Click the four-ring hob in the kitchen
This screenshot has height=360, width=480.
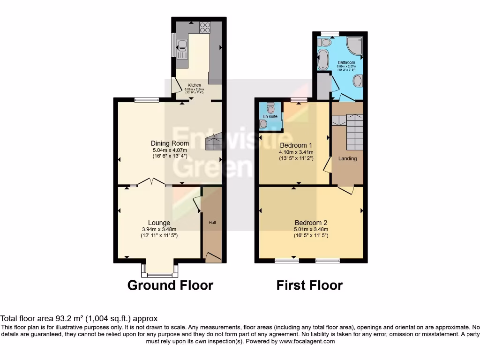[205, 28]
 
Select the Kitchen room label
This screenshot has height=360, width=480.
[194, 85]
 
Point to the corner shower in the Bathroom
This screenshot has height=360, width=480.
[355, 45]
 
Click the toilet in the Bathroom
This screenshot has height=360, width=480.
[325, 43]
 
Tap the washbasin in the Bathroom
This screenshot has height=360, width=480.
[358, 81]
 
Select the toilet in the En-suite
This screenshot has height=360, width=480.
[270, 108]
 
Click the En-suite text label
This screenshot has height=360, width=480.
[270, 116]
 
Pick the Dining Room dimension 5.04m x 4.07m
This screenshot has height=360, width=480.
[170, 150]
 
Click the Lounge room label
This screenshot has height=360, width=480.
[159, 223]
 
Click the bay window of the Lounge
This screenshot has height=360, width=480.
[159, 270]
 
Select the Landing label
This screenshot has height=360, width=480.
[347, 158]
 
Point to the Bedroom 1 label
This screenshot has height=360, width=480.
[296, 145]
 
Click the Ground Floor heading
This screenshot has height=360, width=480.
[170, 285]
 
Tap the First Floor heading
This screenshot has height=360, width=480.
[309, 285]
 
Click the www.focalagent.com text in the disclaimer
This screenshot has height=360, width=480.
[307, 342]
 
